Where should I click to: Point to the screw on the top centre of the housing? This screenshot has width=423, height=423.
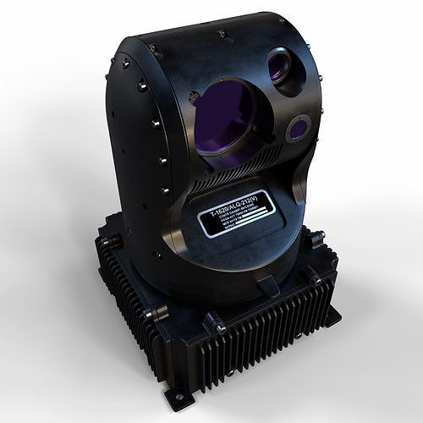tap(222, 36)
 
